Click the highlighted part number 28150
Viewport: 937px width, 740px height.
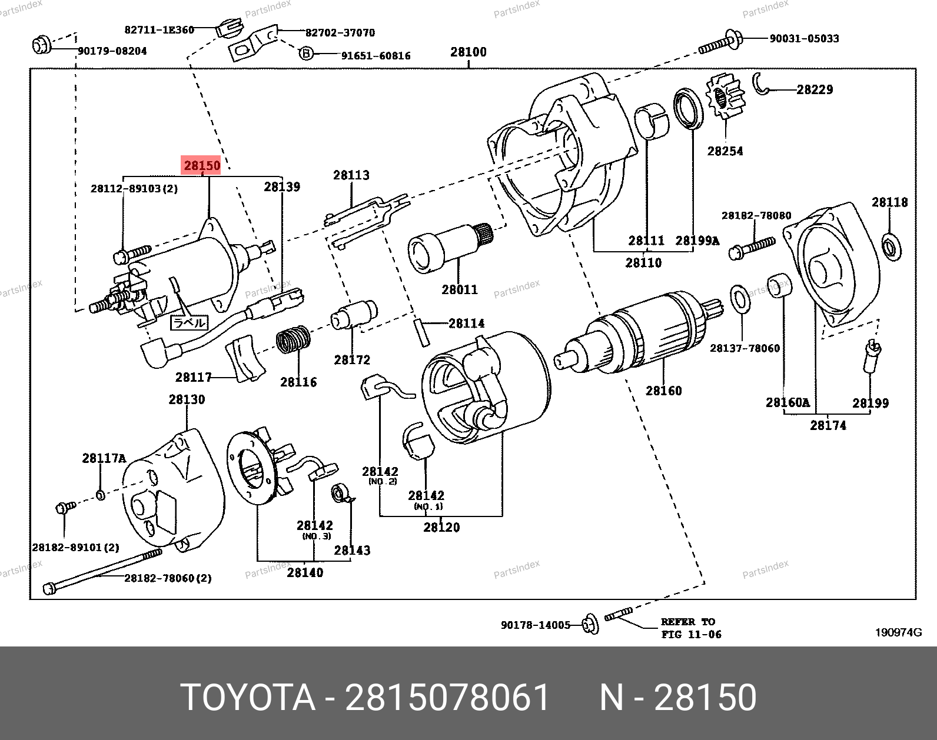202,165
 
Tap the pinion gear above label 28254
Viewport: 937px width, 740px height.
726,98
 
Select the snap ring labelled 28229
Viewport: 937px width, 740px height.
761,84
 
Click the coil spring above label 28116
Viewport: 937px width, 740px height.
293,341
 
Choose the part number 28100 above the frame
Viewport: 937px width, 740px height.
468,52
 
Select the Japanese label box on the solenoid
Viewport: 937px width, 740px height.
189,322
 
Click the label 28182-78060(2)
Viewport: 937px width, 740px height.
168,578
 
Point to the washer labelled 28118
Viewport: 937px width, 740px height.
889,245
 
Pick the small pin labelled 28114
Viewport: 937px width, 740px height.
422,332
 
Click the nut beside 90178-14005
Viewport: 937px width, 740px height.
590,624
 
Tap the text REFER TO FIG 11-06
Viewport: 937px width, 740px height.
690,628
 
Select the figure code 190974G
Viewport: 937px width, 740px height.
898,632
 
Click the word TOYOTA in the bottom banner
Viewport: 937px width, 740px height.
248,698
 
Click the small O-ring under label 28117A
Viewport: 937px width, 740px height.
100,495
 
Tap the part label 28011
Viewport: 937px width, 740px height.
460,289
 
